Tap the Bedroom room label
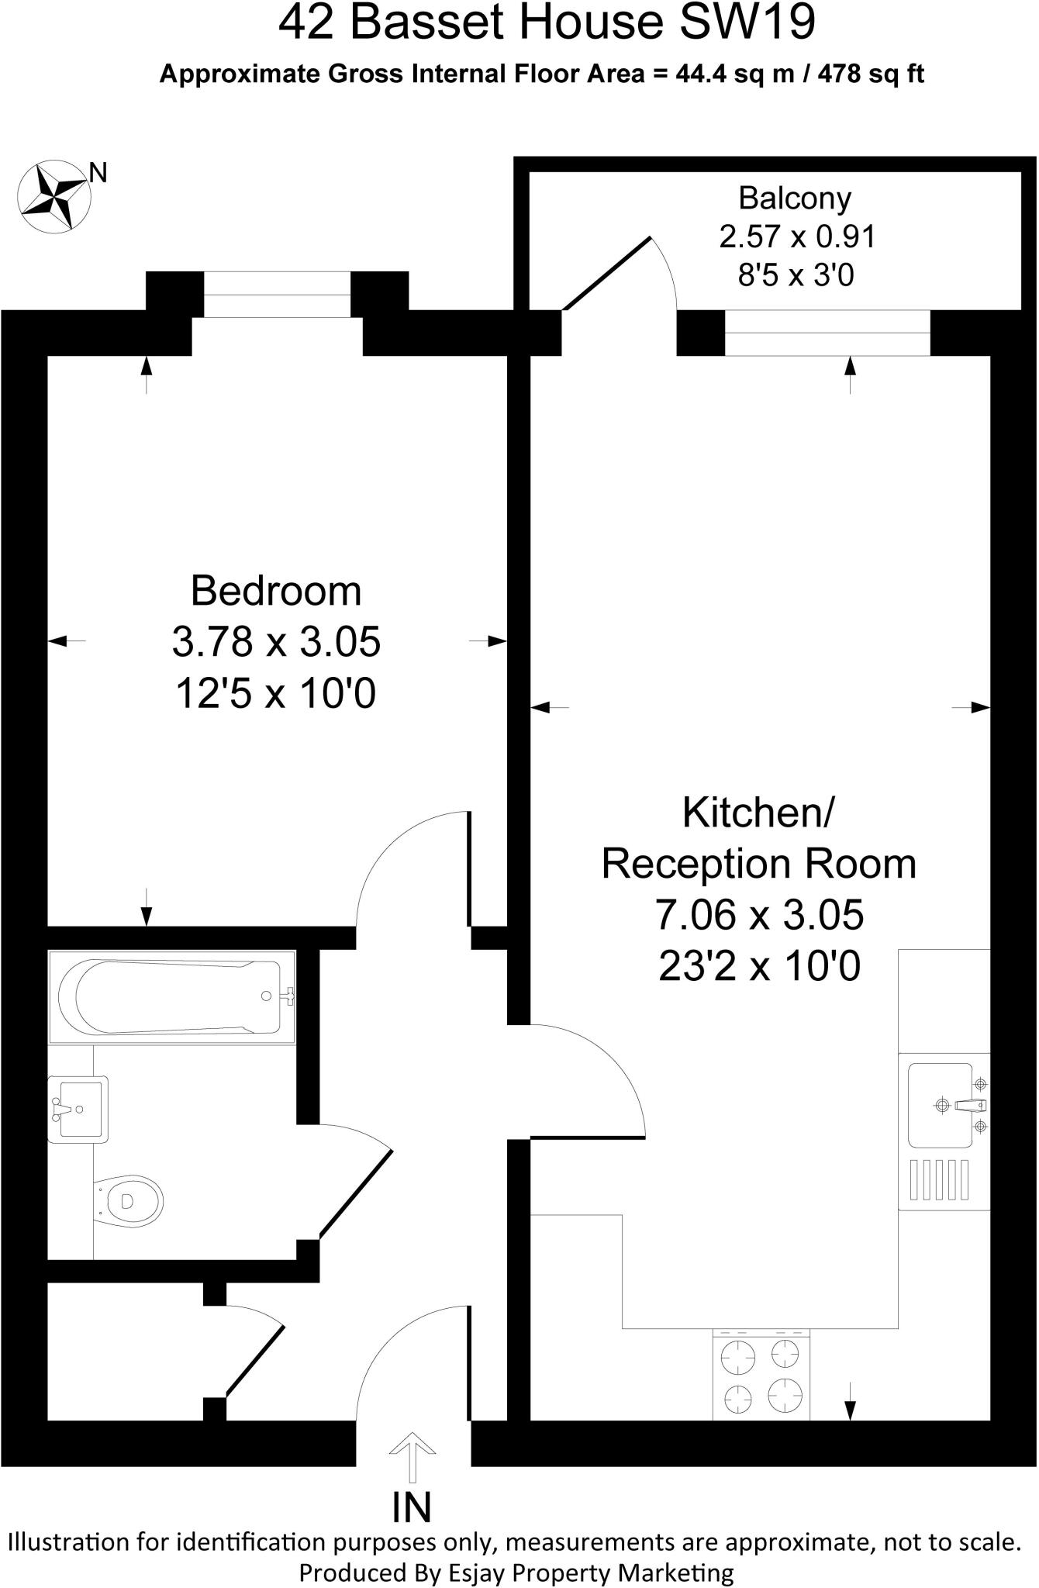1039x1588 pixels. (276, 591)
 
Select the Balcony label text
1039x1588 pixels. (795, 198)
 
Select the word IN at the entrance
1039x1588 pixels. (412, 1507)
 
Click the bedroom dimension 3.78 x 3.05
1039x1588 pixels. (276, 642)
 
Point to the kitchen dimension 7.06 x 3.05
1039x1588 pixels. (759, 915)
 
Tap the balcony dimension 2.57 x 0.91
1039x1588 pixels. (797, 236)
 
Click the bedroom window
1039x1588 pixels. (277, 295)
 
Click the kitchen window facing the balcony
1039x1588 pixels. (827, 332)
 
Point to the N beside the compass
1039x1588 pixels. (98, 173)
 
